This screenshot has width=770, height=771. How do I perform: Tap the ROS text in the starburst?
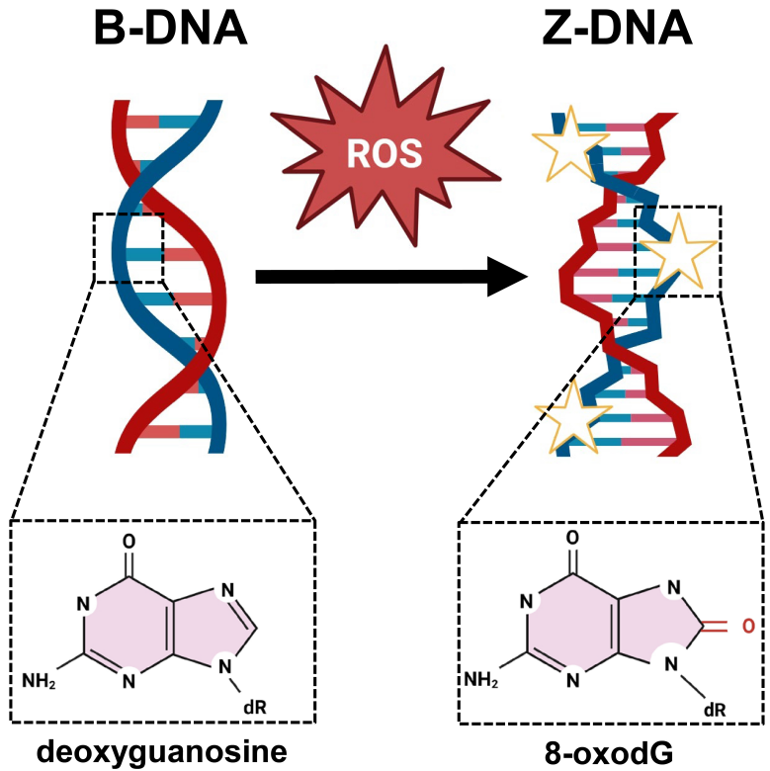point(385,153)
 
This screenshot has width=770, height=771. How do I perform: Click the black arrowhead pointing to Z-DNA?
point(506,277)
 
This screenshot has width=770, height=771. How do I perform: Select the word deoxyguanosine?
point(162,751)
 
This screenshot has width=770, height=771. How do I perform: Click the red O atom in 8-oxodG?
point(748,626)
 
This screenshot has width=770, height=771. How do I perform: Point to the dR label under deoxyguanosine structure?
point(255,707)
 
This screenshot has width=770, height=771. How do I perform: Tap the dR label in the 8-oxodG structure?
point(715,710)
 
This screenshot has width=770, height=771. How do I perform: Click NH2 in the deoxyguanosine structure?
point(39,681)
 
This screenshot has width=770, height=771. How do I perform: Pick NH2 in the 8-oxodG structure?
point(481,679)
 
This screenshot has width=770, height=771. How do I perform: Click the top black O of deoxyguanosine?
point(128,542)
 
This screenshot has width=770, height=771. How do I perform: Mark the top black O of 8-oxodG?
point(572,538)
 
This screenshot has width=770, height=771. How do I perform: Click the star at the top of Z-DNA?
point(570,144)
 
